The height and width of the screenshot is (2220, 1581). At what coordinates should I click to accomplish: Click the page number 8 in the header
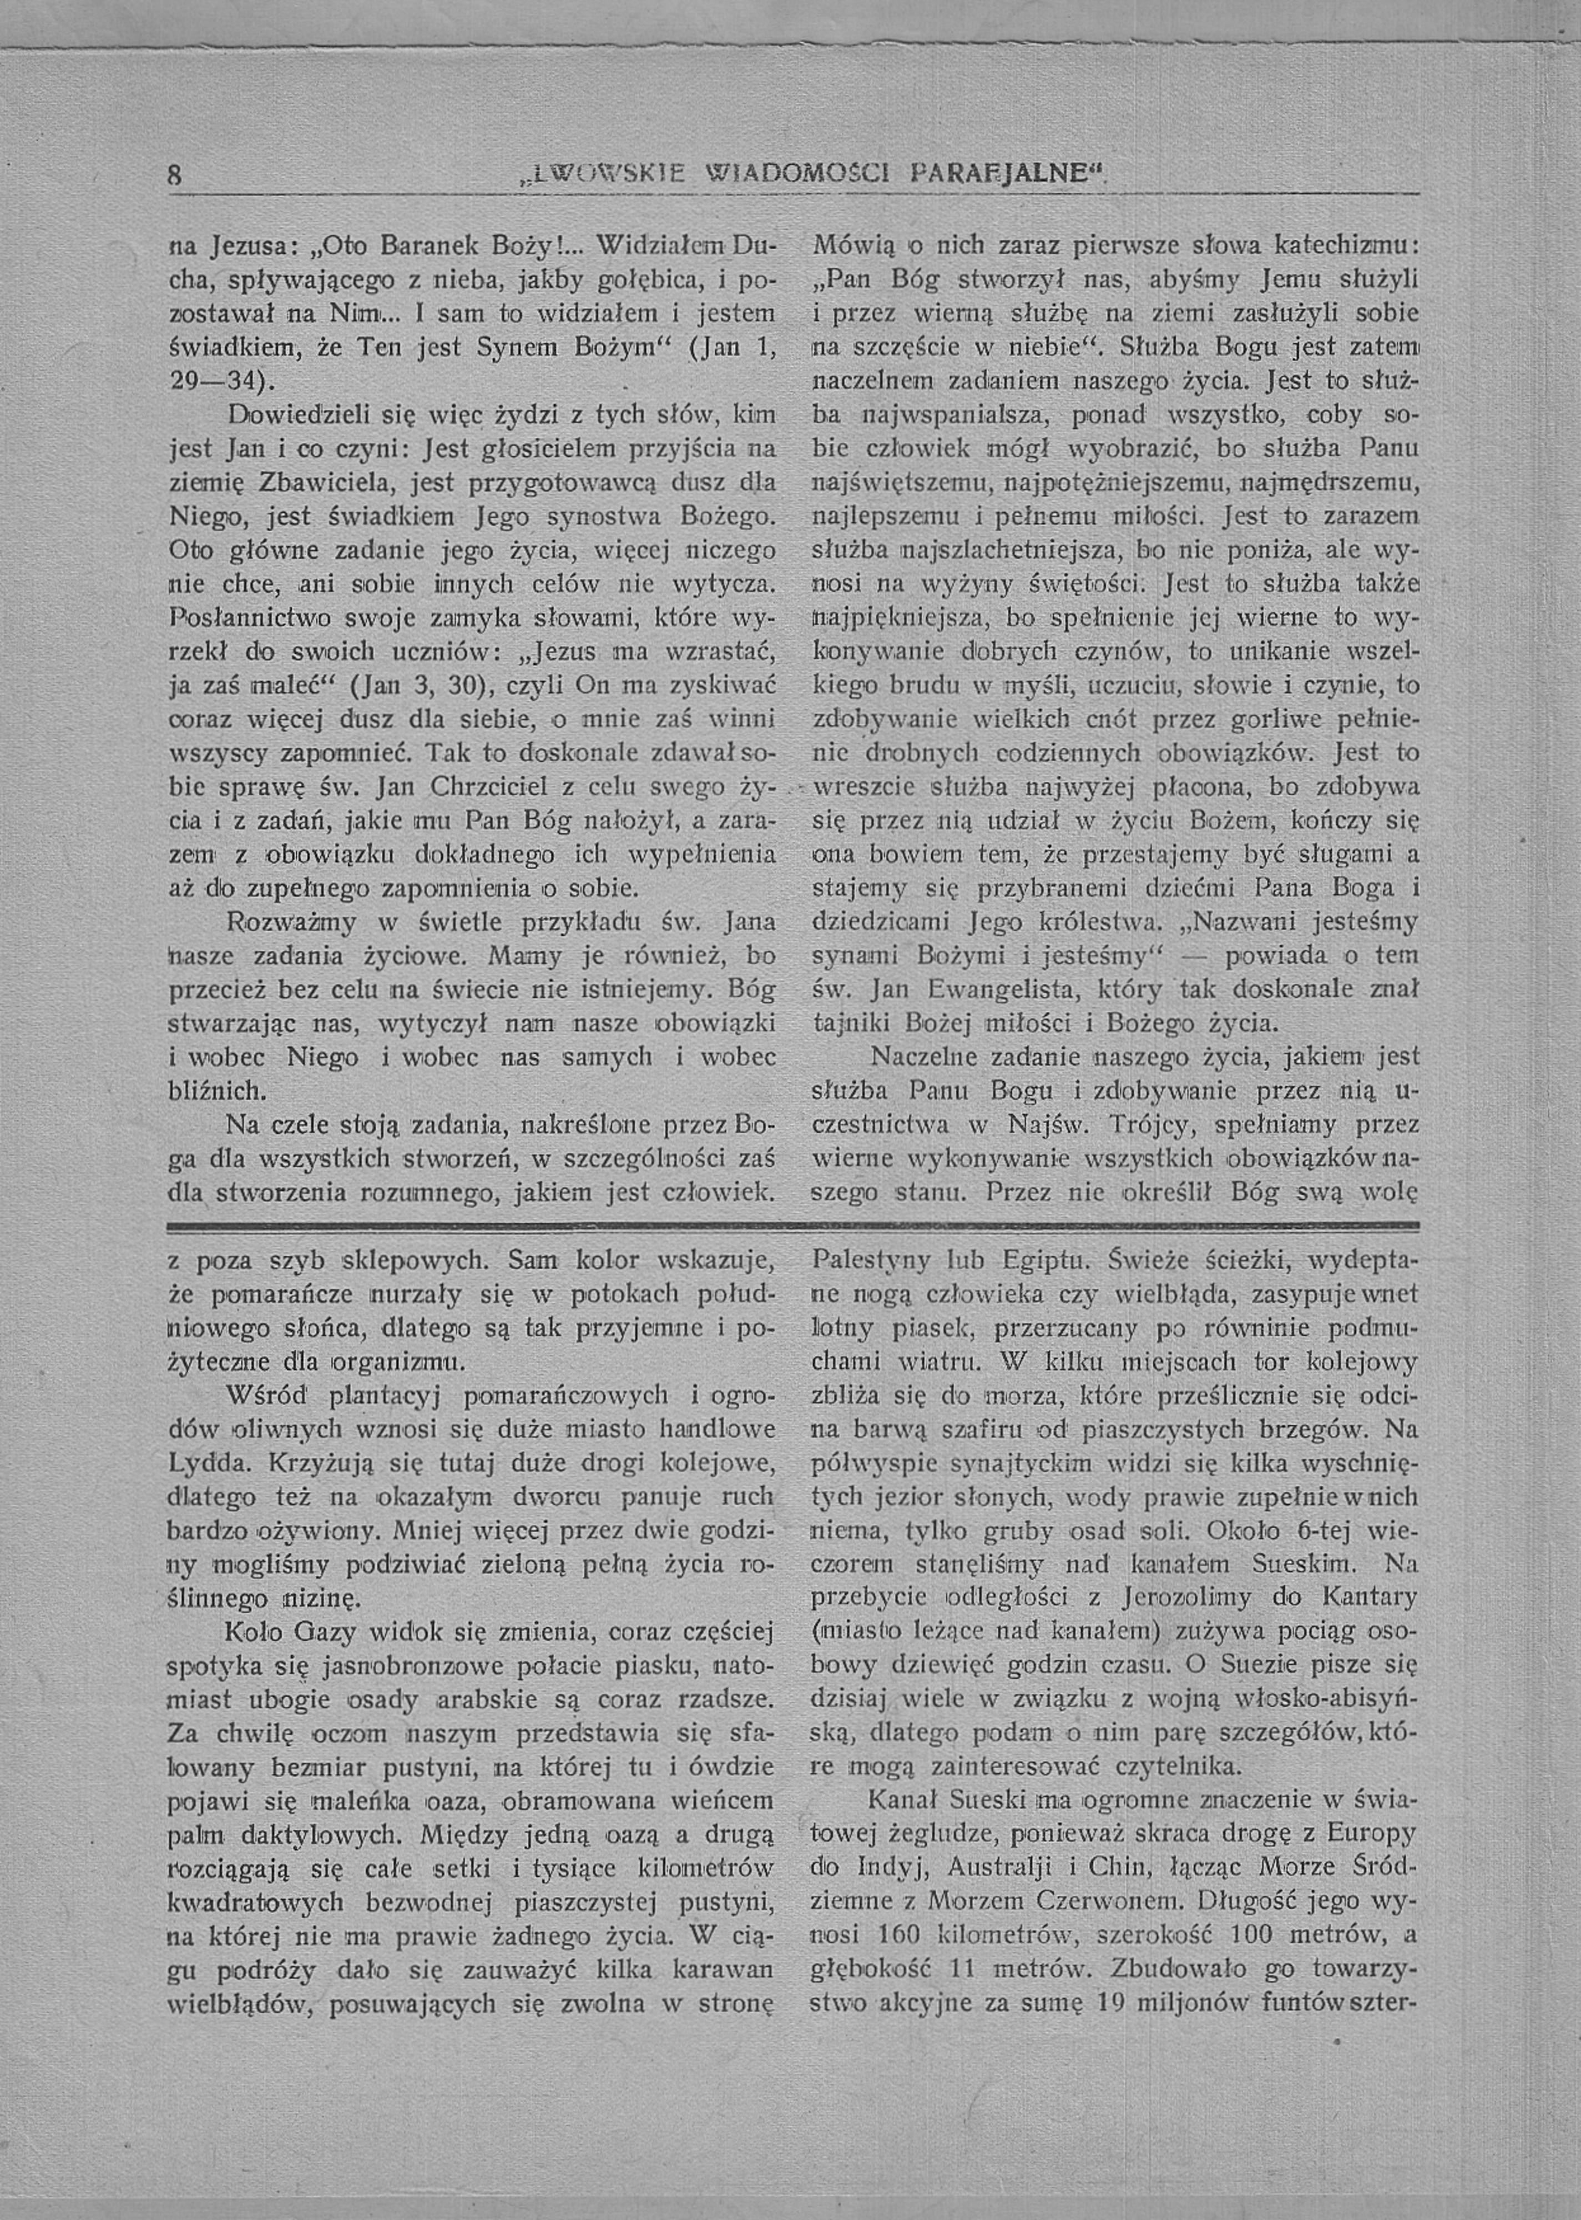(x=175, y=176)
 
